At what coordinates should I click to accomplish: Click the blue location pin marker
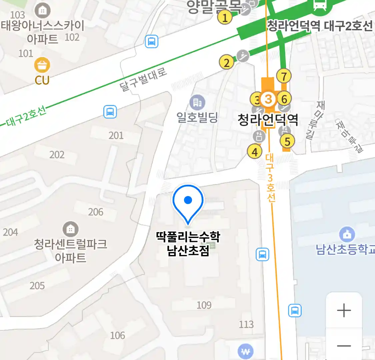tap(188, 202)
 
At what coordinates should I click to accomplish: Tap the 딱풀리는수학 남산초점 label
tap(188, 244)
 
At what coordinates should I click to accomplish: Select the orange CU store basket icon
tap(42, 65)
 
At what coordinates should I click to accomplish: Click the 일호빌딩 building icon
tap(197, 102)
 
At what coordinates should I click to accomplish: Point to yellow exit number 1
tap(225, 17)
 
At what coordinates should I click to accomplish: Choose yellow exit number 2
tap(227, 62)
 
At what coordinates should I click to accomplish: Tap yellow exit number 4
tap(255, 152)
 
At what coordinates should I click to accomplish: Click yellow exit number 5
tap(287, 141)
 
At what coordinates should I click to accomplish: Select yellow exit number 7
tap(284, 76)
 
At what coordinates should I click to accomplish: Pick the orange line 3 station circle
tap(268, 99)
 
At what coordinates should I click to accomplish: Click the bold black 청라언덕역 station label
tap(268, 120)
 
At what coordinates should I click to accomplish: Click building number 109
tap(204, 305)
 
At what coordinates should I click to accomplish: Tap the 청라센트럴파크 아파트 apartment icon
tap(70, 229)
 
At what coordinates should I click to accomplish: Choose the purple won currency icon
tap(245, 351)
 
